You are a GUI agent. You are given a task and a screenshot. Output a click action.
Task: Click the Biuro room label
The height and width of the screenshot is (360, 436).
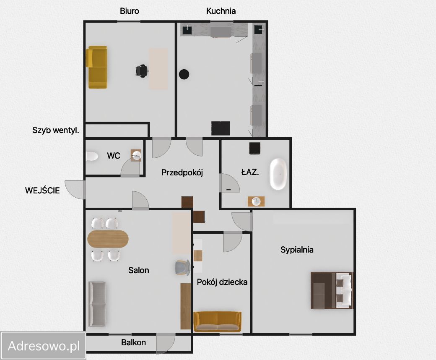(x=129, y=11)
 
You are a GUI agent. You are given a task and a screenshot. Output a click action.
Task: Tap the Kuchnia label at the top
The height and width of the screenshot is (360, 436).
(x=221, y=11)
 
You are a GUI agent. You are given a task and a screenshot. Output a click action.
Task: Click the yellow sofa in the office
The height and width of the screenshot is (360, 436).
(x=96, y=67)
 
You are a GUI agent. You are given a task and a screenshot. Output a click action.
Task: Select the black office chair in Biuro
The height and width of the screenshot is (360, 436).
(x=142, y=70)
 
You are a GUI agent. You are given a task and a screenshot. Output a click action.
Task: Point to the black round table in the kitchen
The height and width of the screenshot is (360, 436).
(x=184, y=74)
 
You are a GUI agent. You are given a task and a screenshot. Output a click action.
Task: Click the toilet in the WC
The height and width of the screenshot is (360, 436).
(x=91, y=156)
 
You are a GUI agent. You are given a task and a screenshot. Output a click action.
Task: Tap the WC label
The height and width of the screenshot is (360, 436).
(x=114, y=156)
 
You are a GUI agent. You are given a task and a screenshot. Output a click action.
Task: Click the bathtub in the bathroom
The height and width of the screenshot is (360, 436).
(x=278, y=174)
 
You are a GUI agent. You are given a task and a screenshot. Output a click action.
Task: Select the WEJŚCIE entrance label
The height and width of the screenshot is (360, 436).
(x=42, y=190)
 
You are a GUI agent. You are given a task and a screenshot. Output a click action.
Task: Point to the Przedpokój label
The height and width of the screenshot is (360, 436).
(x=182, y=172)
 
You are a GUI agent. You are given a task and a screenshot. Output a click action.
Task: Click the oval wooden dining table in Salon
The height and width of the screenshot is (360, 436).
(x=108, y=239)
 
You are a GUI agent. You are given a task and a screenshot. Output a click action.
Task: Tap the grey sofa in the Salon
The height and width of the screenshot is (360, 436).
(x=97, y=304)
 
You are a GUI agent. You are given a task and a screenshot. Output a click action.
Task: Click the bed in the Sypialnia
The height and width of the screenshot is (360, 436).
(x=332, y=290)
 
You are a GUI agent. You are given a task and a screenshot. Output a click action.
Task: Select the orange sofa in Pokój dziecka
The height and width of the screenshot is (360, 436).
(x=218, y=321)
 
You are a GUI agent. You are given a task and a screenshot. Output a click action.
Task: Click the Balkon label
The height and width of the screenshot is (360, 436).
(x=133, y=342)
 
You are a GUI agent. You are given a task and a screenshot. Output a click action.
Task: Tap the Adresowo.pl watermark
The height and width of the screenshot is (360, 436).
(x=44, y=346)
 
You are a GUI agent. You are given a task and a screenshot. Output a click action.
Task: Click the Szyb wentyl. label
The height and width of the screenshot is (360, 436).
(x=56, y=130)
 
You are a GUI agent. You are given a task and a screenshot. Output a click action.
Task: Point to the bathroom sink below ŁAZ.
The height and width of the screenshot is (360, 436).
(x=256, y=201)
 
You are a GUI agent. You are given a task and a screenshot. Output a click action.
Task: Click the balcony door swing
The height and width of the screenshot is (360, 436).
(x=166, y=344)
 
